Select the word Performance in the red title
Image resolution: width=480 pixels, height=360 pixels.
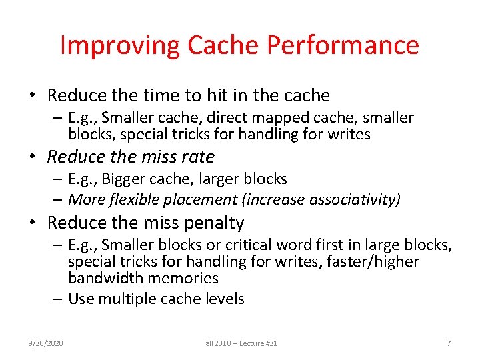point(343,45)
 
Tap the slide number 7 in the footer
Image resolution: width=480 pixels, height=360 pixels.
point(449,343)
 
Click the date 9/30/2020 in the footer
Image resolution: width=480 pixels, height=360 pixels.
point(45,343)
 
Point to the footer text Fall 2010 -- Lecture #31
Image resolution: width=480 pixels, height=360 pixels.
point(240,343)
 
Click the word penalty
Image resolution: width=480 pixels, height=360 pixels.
point(214,223)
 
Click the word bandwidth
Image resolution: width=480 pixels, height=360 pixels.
point(103,278)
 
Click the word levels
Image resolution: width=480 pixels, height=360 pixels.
point(223,299)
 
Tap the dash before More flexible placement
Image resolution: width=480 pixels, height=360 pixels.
point(59,199)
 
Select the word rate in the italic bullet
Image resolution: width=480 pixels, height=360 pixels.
point(197,157)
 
